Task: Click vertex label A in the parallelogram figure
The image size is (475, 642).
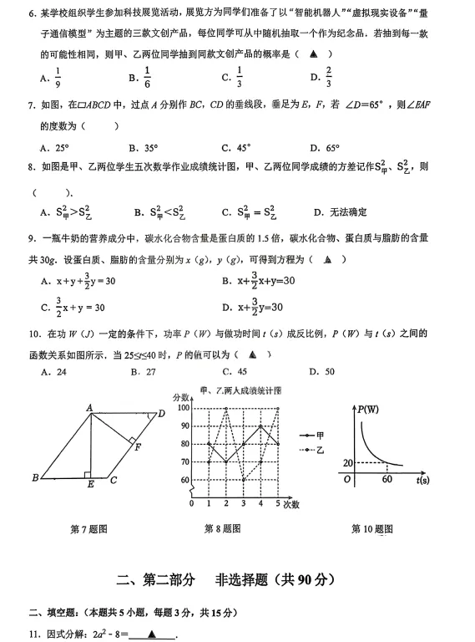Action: tap(89, 407)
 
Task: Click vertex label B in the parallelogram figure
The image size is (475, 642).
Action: tap(35, 479)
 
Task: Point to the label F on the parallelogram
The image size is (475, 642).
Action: tap(137, 447)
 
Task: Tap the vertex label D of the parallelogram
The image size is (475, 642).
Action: tap(161, 413)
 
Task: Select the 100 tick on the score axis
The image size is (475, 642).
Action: tap(184, 408)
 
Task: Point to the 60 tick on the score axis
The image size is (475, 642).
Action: tap(184, 480)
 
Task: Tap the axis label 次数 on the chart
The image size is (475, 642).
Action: tap(291, 505)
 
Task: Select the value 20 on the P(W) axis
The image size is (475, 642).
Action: tap(348, 462)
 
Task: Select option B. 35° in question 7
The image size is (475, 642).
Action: tap(145, 148)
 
